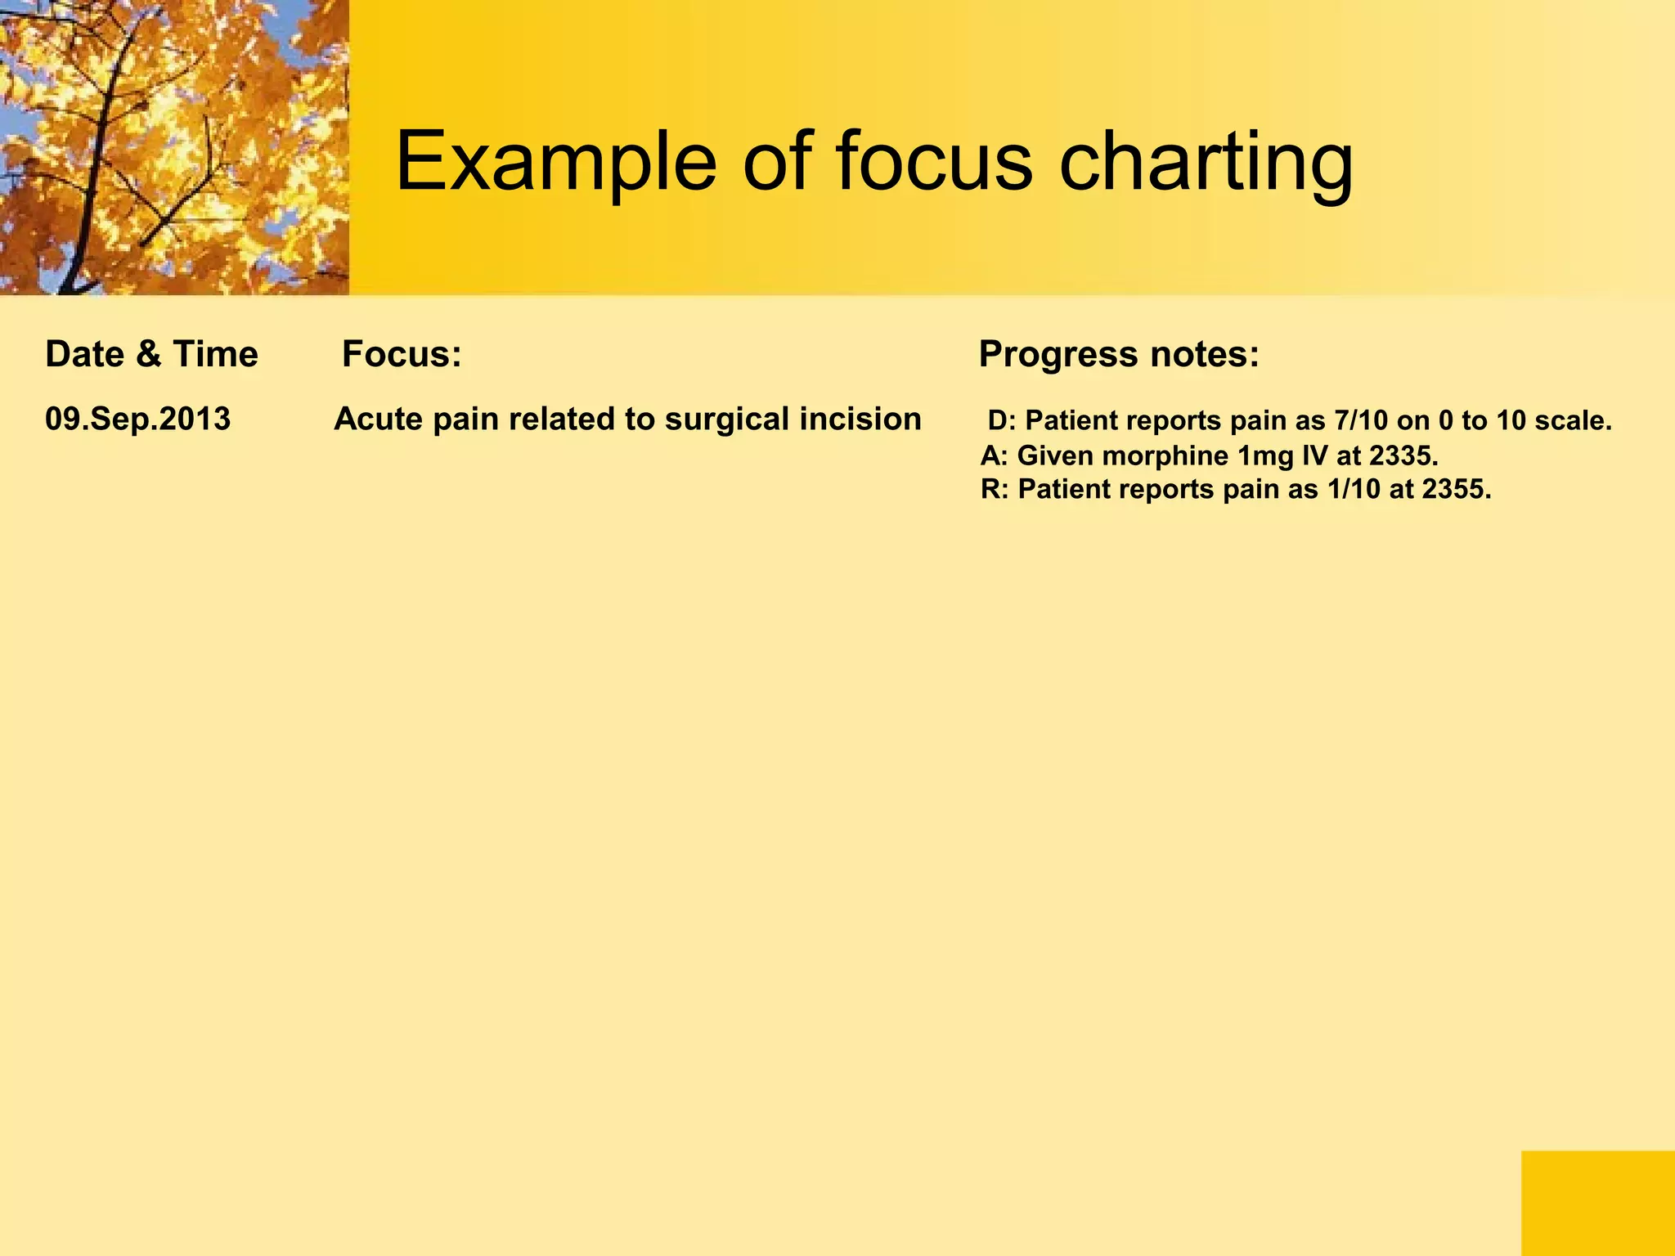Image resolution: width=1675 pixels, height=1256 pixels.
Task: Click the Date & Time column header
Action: [x=151, y=354]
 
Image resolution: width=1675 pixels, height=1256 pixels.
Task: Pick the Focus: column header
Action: [x=402, y=354]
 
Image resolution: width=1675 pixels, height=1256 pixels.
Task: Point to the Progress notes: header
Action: [x=1118, y=354]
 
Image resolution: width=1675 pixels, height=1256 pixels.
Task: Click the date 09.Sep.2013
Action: [x=137, y=419]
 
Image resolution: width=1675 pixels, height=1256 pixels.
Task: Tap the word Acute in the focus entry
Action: [x=378, y=419]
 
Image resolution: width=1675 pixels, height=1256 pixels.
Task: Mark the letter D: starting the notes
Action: [x=1001, y=420]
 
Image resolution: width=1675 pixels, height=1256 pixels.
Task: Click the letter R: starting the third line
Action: [x=995, y=490]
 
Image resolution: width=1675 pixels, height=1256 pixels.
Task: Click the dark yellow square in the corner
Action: [x=1597, y=1203]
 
